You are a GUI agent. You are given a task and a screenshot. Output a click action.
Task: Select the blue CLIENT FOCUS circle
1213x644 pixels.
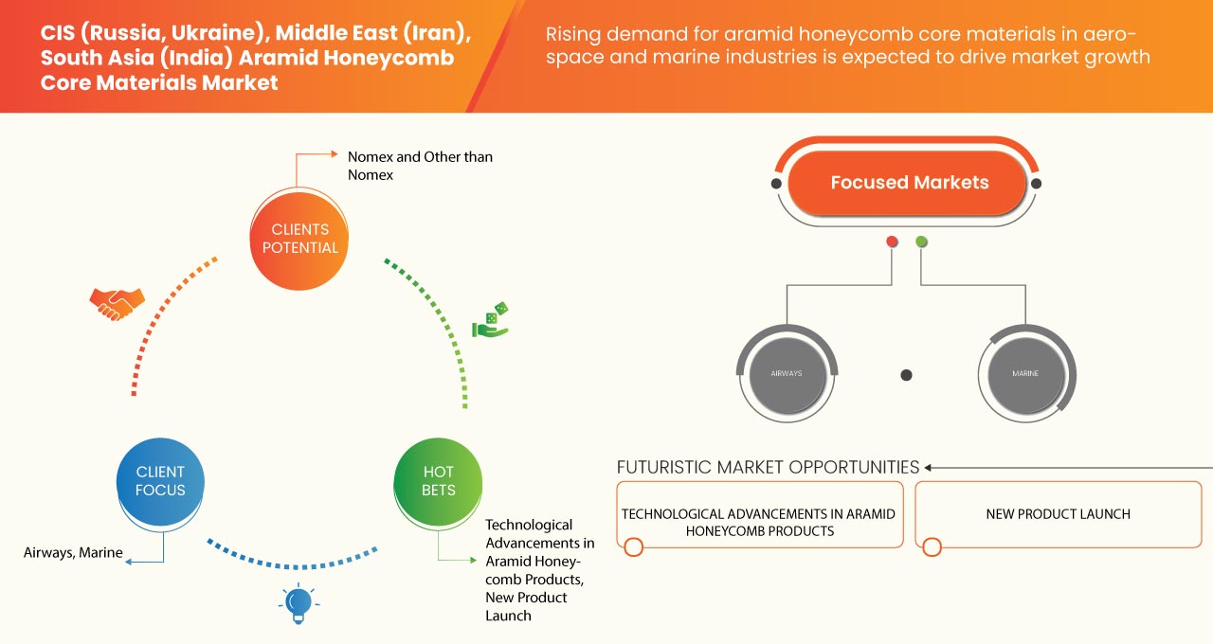pos(160,480)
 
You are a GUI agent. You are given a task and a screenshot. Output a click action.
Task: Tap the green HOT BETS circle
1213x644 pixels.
pos(438,480)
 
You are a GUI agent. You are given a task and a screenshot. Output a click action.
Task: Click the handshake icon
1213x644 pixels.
pos(117,302)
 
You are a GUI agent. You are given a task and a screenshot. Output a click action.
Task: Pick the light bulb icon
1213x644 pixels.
pos(299,603)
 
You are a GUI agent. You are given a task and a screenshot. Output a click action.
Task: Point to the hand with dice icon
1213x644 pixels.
pos(490,320)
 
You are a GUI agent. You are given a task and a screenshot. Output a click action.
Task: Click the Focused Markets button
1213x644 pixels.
pos(909,183)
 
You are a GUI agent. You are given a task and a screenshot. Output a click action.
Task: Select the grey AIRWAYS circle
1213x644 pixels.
pos(786,373)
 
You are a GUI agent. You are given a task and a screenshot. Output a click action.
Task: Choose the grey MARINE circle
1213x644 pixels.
pos(1024,373)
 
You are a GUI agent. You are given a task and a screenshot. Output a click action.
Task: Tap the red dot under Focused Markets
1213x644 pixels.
pos(892,242)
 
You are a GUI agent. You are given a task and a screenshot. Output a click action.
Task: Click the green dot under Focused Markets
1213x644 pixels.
pos(921,242)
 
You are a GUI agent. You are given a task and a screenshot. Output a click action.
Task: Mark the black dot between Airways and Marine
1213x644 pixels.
pos(906,375)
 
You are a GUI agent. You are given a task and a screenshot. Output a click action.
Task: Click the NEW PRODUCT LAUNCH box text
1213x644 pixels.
pos(1058,514)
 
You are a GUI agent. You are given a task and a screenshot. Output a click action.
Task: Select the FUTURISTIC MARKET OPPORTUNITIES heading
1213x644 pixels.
pos(768,467)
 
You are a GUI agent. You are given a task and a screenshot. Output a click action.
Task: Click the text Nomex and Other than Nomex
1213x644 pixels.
pos(420,166)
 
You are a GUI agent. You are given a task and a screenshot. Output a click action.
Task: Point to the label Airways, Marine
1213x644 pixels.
pos(73,552)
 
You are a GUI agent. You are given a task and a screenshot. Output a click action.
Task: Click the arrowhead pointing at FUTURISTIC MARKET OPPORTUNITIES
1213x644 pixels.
pos(929,467)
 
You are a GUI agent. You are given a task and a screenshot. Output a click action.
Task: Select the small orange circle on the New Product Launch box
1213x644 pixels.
pos(932,546)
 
